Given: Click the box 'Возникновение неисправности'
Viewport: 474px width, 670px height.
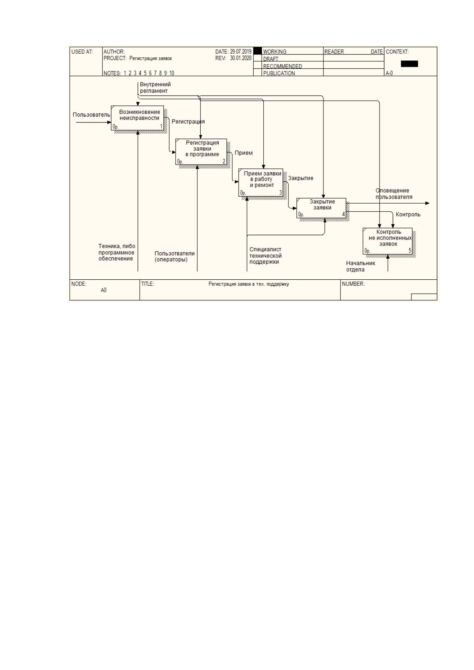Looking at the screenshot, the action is tap(137, 118).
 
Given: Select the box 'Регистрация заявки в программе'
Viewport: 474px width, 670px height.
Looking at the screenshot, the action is tap(201, 152).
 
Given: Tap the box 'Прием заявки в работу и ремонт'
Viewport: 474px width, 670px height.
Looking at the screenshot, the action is tap(261, 183).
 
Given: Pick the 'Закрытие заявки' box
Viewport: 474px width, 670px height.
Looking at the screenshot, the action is tap(321, 208).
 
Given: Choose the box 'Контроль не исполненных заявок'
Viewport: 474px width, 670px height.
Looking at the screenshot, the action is tap(388, 241).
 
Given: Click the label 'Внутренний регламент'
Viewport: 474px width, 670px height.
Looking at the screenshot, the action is tap(155, 88).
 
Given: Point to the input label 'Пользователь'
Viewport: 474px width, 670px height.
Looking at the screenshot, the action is tap(91, 115).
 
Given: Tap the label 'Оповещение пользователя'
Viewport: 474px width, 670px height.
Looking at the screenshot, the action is tap(394, 194).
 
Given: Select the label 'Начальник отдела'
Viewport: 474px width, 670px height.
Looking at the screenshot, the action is tap(360, 266).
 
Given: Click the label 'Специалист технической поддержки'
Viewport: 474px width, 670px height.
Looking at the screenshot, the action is tap(265, 255).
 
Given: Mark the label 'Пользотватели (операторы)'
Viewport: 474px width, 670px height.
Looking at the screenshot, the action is tap(174, 256).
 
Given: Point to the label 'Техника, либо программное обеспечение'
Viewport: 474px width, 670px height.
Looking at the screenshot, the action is tap(117, 252).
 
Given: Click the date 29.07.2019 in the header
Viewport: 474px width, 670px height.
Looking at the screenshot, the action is tap(241, 52).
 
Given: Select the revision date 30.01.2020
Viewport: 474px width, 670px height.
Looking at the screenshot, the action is tap(241, 58).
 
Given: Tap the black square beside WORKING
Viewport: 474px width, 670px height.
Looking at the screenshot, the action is tap(257, 51).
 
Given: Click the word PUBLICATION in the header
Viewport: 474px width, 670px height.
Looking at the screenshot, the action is tap(279, 73).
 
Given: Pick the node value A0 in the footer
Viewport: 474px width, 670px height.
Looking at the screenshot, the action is tap(104, 290).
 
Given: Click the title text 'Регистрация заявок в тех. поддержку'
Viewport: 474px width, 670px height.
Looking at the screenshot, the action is tap(249, 284).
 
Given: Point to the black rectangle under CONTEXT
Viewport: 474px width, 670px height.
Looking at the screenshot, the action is tap(409, 64).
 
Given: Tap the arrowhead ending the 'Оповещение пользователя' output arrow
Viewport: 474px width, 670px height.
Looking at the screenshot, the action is tap(427, 203).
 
